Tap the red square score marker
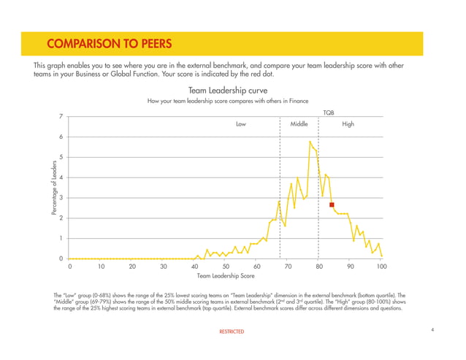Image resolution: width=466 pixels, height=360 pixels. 332,205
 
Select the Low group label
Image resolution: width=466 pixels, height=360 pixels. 241,124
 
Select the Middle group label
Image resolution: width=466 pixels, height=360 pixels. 299,124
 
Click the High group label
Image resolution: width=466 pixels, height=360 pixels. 348,124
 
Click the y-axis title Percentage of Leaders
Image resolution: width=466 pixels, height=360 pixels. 55,187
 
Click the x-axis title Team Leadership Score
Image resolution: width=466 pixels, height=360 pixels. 226,276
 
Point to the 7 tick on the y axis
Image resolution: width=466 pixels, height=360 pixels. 61,116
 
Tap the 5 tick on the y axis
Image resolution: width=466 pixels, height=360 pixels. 61,157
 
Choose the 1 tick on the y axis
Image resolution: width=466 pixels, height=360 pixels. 61,239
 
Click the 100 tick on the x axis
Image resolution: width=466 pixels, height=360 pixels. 381,267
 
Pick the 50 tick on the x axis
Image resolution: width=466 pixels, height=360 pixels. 226,267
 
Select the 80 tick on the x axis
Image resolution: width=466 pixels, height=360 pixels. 319,267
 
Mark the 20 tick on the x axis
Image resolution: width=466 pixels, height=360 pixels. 131,267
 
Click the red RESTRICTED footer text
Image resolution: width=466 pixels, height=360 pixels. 232,332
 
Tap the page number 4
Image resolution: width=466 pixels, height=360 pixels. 432,331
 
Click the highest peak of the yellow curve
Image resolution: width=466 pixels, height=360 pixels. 310,141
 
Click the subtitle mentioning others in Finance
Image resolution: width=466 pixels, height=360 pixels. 227,101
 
